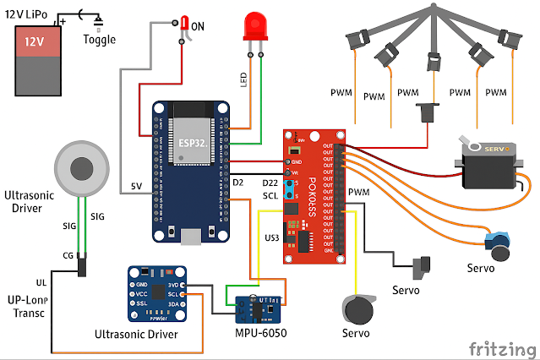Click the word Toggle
click(99, 39)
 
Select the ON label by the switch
click(198, 26)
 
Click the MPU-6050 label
click(262, 334)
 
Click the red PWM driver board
click(314, 194)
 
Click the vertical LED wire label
click(243, 80)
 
